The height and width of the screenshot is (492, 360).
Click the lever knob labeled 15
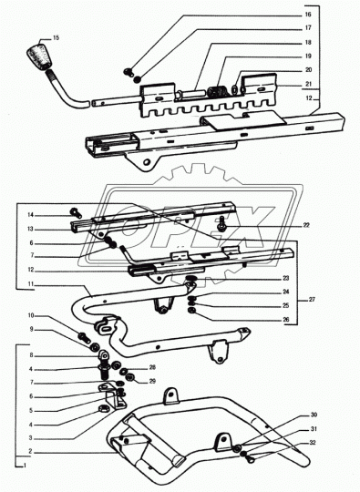point(40,56)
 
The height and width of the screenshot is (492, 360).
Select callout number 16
point(307,15)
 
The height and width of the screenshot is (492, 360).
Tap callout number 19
point(308,56)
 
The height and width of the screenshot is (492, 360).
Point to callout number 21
point(309,84)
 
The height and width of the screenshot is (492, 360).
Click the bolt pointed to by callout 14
point(76,212)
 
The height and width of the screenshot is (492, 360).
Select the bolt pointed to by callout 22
point(222,223)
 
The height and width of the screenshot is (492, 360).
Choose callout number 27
point(312,300)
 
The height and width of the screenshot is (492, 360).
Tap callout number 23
point(285,278)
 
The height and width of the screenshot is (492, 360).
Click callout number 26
point(285,320)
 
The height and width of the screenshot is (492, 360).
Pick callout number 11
point(30,284)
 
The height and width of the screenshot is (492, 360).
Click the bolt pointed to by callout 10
point(83,338)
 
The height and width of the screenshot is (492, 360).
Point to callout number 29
point(152,381)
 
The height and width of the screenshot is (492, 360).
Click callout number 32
point(314,443)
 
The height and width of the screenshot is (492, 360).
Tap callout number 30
point(314,415)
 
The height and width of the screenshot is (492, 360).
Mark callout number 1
point(24,466)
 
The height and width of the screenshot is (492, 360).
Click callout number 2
point(30,452)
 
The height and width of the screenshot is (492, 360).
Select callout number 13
point(30,229)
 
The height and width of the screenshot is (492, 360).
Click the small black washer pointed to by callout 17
point(138,79)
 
